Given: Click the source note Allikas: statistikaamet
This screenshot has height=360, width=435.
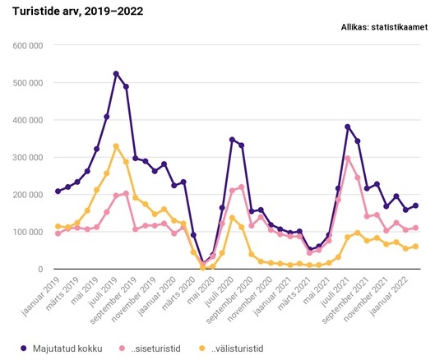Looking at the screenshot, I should tap(383, 27).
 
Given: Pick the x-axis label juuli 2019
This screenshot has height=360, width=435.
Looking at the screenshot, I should tap(104, 294).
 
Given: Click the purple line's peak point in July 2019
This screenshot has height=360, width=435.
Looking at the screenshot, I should tap(116, 74).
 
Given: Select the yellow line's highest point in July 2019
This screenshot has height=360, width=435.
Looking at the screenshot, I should tap(116, 146).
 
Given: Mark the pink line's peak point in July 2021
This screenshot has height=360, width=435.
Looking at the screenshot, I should tap(348, 158).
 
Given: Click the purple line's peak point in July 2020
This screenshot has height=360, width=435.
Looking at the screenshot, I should tap(232, 140).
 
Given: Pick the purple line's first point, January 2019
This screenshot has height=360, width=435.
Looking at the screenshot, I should tap(58, 192).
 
